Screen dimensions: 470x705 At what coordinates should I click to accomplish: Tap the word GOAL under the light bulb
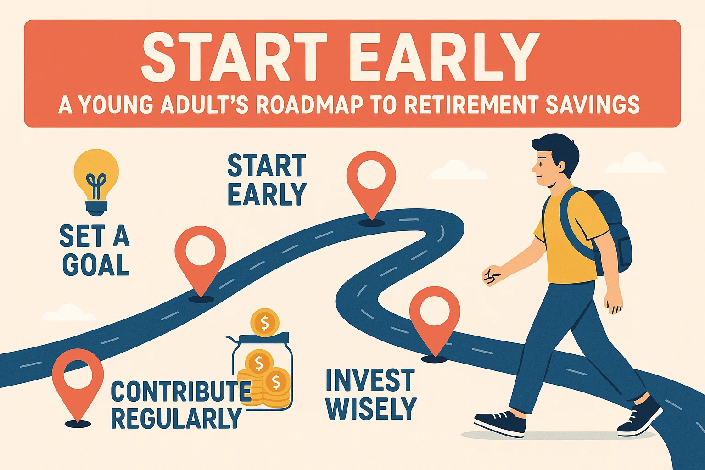[x=96, y=265]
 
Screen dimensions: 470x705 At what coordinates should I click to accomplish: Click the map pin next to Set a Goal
[x=201, y=257]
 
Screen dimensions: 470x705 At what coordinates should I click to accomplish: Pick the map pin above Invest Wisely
[x=434, y=317]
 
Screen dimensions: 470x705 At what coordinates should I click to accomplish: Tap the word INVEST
[x=370, y=380]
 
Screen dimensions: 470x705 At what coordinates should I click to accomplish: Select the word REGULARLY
[x=176, y=418]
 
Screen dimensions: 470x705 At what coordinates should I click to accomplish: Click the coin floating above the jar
[x=264, y=322]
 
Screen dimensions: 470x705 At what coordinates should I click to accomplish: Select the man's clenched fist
[x=492, y=276]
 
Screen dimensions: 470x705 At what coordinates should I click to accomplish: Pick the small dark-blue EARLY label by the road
[x=267, y=195]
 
